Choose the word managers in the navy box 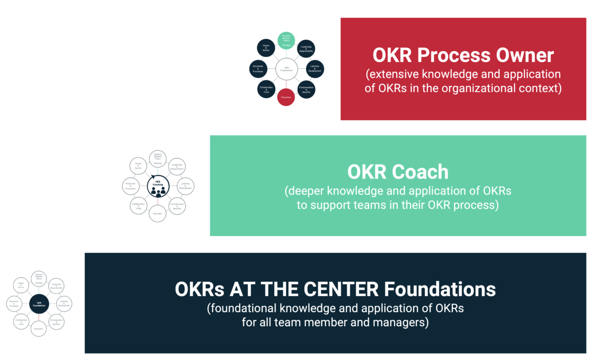[401, 323]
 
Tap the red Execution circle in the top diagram [286, 96]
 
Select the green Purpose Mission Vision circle [286, 40]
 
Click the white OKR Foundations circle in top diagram [286, 68]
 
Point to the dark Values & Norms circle [266, 48]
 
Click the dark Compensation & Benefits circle [306, 89]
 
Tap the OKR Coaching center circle [158, 186]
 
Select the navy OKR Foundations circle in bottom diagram [39, 304]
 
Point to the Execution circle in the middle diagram [158, 213]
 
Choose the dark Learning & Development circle [315, 69]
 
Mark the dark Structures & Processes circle [258, 69]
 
